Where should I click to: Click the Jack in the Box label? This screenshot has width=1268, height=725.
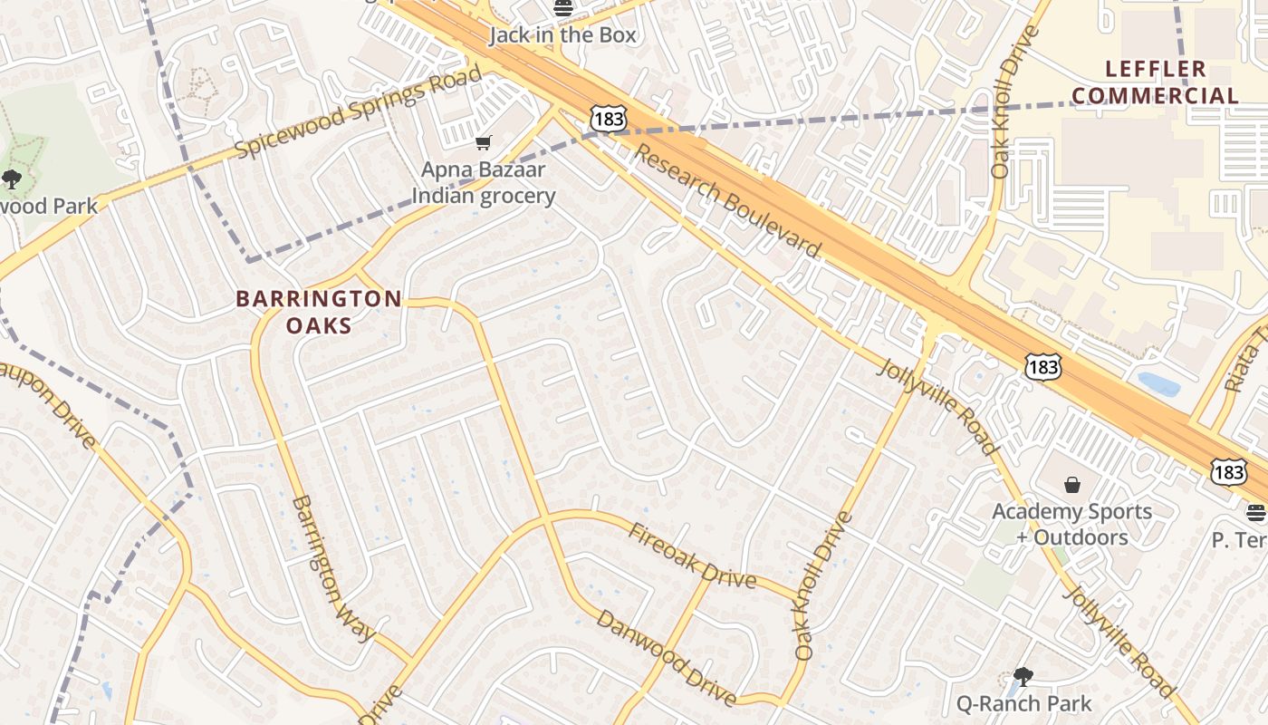click(x=562, y=35)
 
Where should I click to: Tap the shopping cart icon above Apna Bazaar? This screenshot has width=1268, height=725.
click(x=484, y=143)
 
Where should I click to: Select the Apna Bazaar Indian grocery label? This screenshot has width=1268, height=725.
click(x=484, y=182)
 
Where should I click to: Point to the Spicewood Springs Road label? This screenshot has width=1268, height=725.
click(x=359, y=113)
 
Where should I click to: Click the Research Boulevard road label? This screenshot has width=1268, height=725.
click(x=727, y=201)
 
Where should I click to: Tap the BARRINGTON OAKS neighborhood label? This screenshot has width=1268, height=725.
click(x=319, y=311)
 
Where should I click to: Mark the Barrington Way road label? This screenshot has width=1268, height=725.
click(x=332, y=568)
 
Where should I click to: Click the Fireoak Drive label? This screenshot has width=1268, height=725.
click(x=693, y=555)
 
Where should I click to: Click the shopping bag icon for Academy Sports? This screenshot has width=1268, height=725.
click(x=1072, y=485)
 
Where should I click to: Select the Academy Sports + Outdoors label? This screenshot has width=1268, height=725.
click(x=1072, y=524)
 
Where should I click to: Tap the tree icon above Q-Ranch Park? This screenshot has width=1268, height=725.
click(x=1023, y=676)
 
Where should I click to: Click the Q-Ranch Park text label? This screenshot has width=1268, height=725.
click(x=1023, y=703)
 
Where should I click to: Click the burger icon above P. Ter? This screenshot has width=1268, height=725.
click(x=1255, y=513)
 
